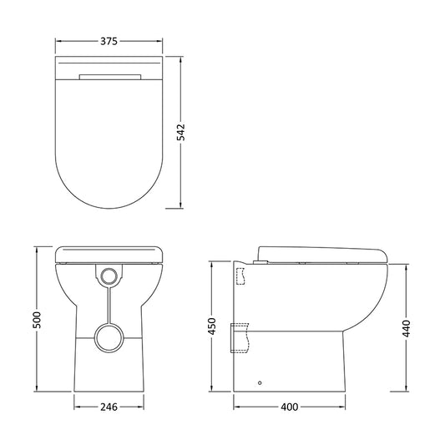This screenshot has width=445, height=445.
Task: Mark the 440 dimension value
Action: pyautogui.click(x=407, y=328)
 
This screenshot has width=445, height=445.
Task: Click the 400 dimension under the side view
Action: pyautogui.click(x=289, y=407)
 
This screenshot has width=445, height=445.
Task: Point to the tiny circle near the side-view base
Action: pyautogui.click(x=260, y=382)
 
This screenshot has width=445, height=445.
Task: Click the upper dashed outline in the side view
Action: pyautogui.click(x=241, y=274)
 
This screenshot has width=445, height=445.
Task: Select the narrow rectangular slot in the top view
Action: pyautogui.click(x=110, y=77)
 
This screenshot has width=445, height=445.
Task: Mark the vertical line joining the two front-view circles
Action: pyautogui.click(x=109, y=302)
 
